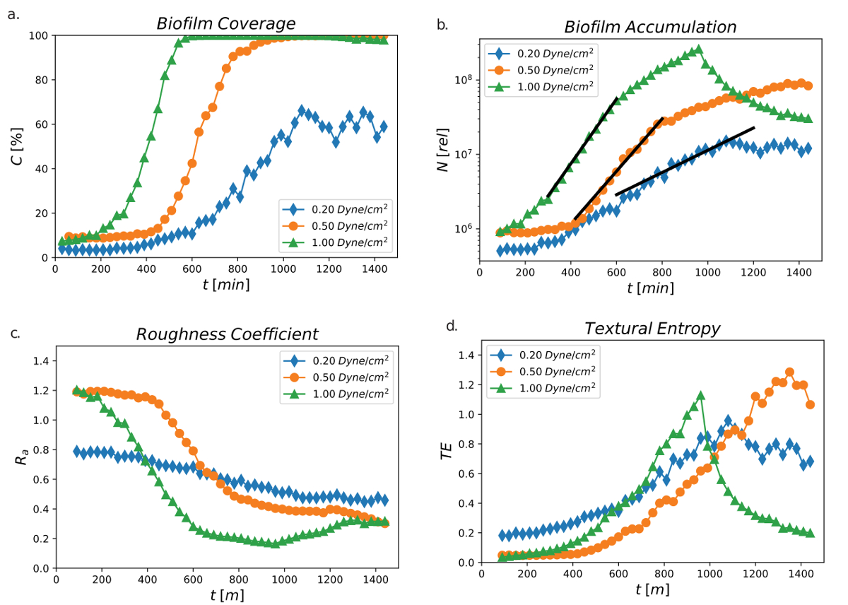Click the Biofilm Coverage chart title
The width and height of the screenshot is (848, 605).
225,23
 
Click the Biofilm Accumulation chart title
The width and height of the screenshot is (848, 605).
650,27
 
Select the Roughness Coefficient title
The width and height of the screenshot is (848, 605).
226,334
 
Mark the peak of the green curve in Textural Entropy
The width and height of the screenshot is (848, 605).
700,396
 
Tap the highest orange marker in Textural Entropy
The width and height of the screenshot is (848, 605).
789,372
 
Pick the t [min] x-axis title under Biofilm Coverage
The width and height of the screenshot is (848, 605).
225,283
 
